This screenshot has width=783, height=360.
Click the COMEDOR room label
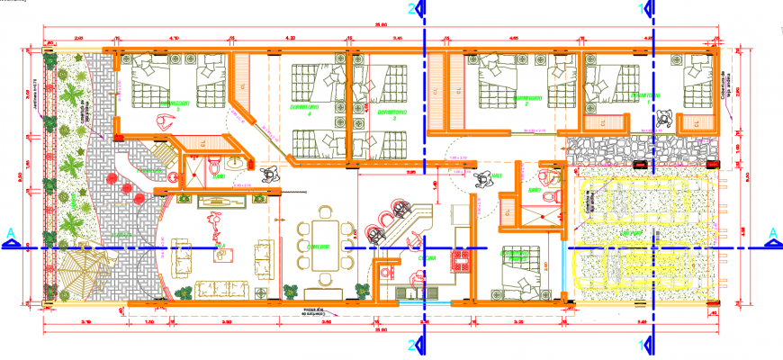tap(317, 247)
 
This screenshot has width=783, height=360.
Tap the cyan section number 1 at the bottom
tap(641, 345)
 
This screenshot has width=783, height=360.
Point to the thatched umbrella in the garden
tap(88, 270)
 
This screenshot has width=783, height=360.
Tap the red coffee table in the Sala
tap(218, 253)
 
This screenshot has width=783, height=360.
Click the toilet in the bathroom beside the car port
tap(544, 176)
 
